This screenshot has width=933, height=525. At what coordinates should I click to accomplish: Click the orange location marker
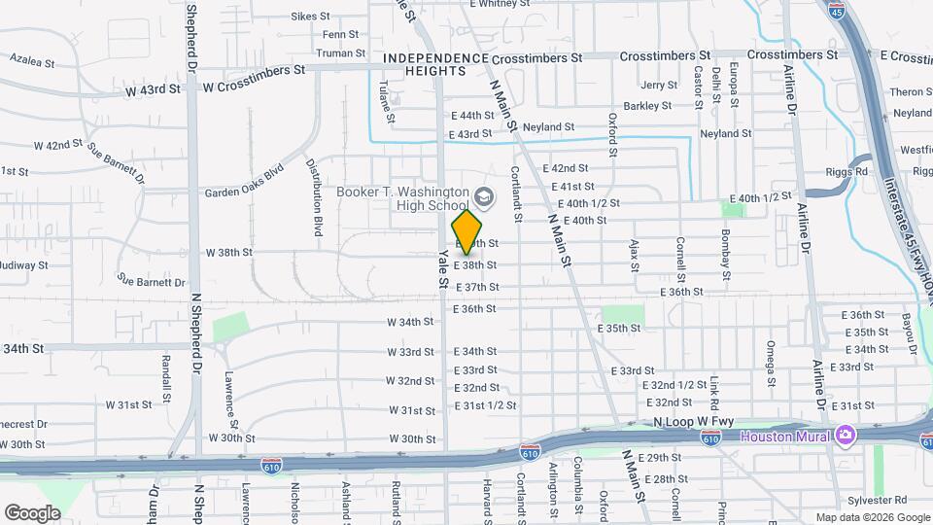pyautogui.click(x=467, y=232)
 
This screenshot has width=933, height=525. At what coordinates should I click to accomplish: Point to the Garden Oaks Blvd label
pyautogui.click(x=243, y=192)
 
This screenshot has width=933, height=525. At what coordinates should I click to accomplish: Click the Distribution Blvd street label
pyautogui.click(x=316, y=198)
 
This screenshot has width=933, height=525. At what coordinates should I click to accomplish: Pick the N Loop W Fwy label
pyautogui.click(x=691, y=423)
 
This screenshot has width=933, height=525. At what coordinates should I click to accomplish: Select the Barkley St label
pyautogui.click(x=648, y=106)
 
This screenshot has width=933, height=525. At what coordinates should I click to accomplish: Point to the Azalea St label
pyautogui.click(x=31, y=60)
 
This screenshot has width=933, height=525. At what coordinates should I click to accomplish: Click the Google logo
pyautogui.click(x=32, y=512)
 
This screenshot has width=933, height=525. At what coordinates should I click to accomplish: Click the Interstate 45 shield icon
pyautogui.click(x=838, y=12)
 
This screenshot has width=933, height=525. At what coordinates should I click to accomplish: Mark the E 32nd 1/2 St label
pyautogui.click(x=673, y=385)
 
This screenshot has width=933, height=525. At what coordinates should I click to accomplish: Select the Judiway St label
pyautogui.click(x=23, y=264)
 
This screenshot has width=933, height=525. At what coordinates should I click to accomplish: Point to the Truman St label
pyautogui.click(x=340, y=53)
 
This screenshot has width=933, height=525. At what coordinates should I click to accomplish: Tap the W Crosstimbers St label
pyautogui.click(x=254, y=70)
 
